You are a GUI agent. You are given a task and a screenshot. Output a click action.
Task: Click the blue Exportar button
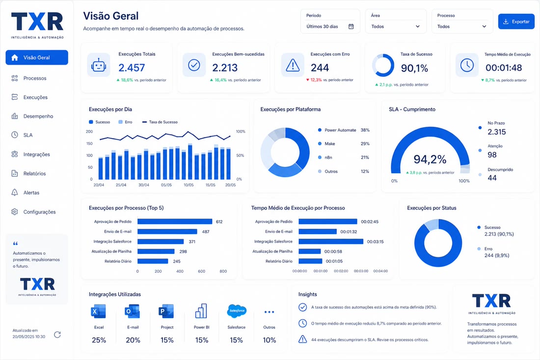point(516,21)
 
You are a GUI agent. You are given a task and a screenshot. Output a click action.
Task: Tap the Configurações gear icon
point(14,212)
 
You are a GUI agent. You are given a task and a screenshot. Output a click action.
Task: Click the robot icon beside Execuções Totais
point(99,65)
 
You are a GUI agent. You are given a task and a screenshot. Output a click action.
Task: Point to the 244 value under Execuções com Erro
point(320,67)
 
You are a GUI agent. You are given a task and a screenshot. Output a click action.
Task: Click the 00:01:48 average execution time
point(504,67)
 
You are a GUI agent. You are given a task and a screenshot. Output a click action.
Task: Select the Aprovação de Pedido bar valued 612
point(175,222)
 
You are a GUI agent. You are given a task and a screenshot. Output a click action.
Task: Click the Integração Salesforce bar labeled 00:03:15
point(330,242)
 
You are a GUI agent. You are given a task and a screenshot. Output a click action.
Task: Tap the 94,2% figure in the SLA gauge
point(430,159)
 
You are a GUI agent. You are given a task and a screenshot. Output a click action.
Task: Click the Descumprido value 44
point(492,178)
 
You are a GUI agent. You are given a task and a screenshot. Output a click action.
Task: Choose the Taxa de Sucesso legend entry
point(160,122)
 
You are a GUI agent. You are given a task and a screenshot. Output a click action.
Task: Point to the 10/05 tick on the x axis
point(189,185)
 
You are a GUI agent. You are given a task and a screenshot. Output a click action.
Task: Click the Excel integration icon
point(99,311)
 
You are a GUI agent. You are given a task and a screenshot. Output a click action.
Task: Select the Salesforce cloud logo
point(237,310)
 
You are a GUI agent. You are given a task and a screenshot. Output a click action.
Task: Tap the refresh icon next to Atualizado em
point(57,334)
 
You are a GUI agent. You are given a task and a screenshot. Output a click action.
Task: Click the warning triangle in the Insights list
point(302,339)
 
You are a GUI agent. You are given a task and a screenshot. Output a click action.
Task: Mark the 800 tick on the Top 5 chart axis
point(223,272)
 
